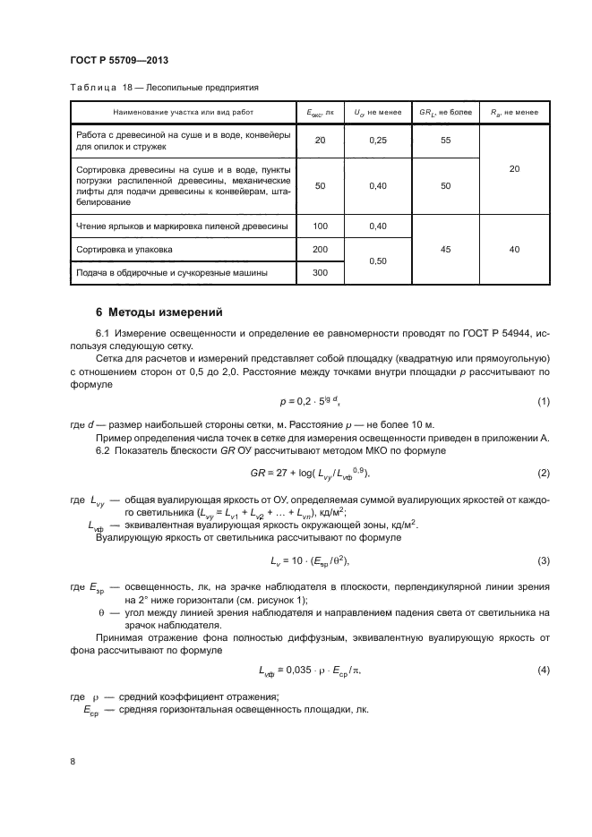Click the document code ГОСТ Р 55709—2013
point(119,60)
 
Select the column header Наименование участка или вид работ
point(184,112)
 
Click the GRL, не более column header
point(445,112)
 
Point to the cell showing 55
point(445,141)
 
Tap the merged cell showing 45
point(445,250)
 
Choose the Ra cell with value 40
point(514,250)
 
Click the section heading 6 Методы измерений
point(159,312)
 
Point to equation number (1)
point(544,401)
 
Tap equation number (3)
point(544,560)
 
